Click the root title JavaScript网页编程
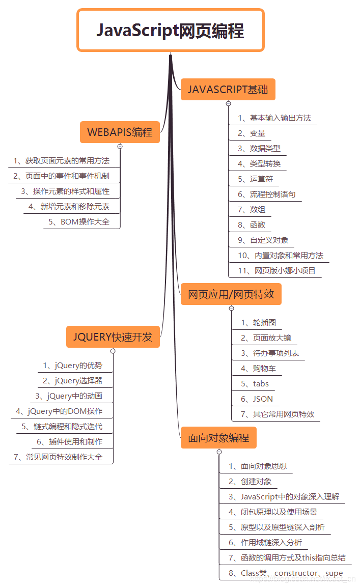pos(171,31)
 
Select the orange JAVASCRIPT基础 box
pos(228,90)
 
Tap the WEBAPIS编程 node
pos(120,132)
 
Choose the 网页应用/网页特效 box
pos(231,294)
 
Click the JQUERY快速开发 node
pos(113,337)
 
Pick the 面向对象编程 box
pos(218,438)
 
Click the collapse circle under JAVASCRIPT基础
pos(228,103)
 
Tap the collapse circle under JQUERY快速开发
pos(113,351)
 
